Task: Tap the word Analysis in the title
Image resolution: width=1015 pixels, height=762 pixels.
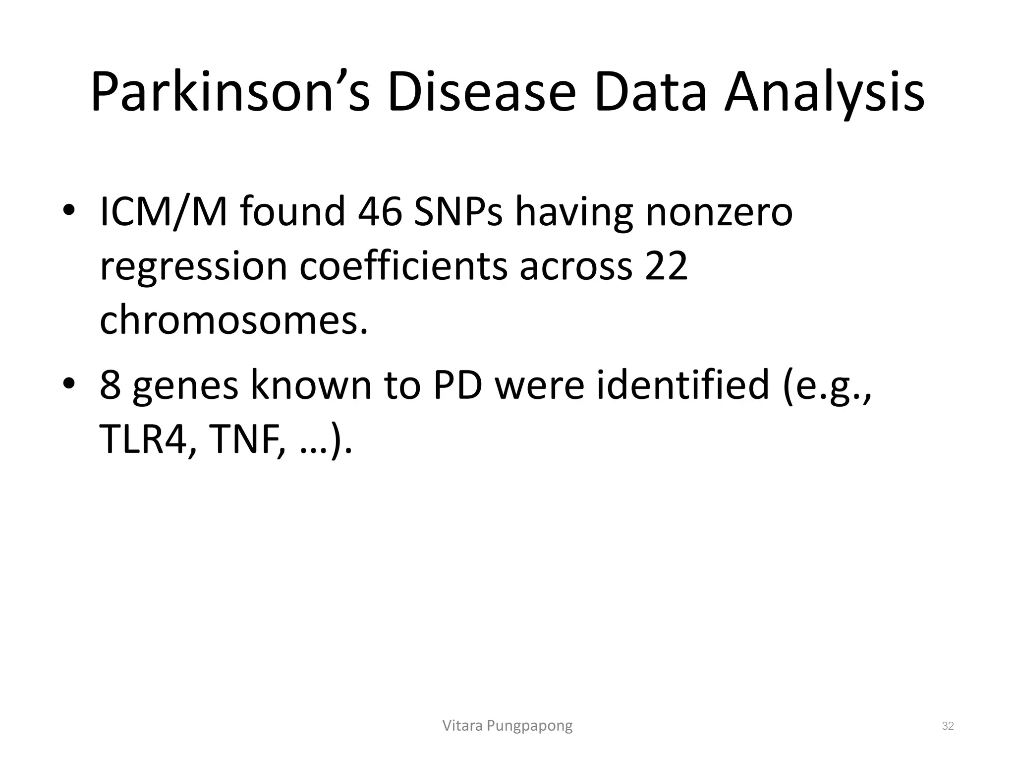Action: pos(824,92)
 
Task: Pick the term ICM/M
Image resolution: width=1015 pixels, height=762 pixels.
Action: pos(164,212)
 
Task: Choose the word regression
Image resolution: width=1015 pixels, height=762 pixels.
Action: pos(194,266)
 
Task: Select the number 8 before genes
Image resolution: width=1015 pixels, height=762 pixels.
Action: pos(110,385)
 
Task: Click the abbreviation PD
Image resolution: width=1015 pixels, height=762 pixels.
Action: pos(458,385)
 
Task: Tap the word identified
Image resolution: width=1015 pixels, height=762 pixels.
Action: pos(682,385)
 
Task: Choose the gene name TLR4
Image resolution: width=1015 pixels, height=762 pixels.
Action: pos(144,440)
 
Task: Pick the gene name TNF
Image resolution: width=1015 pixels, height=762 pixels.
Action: pos(244,440)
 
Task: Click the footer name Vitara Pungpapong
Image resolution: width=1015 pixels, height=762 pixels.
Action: pos(507,726)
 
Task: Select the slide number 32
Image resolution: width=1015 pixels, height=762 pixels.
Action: pos(948,726)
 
